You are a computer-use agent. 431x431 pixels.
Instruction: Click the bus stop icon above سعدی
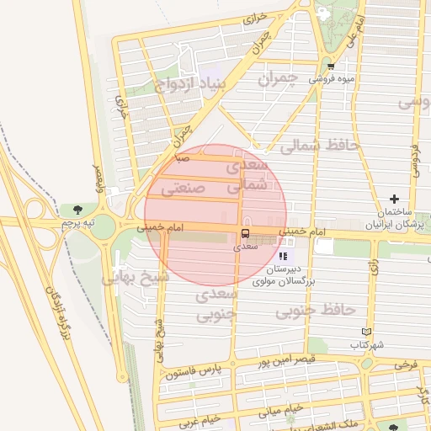click(x=245, y=233)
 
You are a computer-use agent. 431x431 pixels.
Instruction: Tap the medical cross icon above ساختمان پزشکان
click(x=393, y=198)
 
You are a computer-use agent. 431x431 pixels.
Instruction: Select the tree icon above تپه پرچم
click(x=77, y=209)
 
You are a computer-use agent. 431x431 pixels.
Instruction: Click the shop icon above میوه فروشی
click(x=330, y=66)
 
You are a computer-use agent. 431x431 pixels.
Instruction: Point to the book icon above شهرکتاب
click(x=364, y=332)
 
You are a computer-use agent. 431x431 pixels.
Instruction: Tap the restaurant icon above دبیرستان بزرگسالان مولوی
click(x=283, y=255)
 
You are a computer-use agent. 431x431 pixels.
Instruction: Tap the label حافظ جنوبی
click(x=316, y=310)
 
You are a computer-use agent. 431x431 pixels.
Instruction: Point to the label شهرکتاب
click(x=369, y=346)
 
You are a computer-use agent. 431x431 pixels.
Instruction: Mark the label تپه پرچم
click(x=77, y=223)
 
